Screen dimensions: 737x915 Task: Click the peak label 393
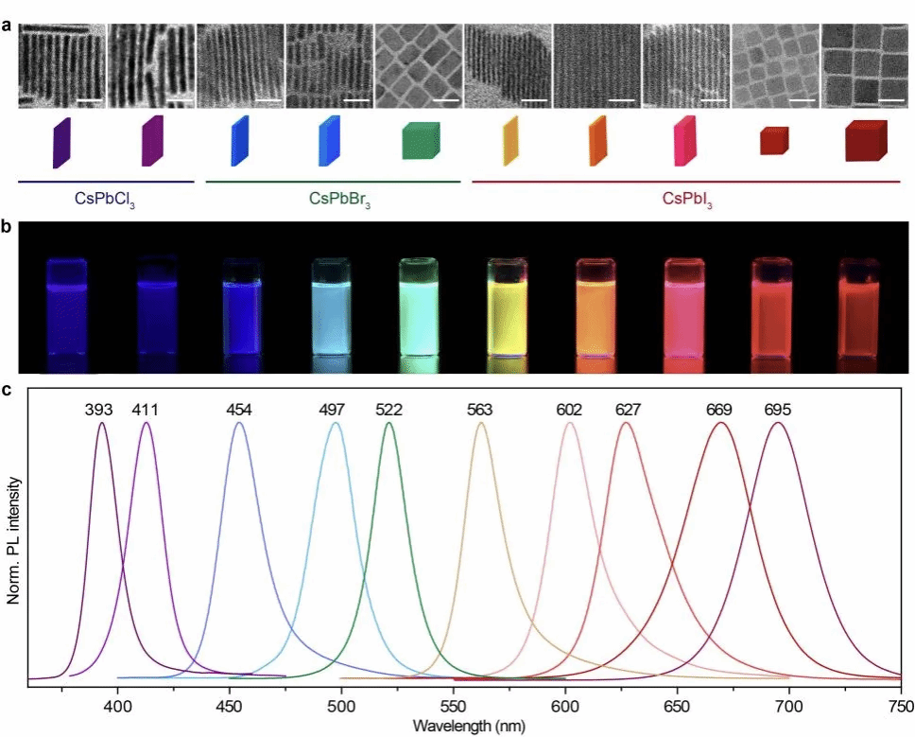point(98,410)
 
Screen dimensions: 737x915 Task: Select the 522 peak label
point(388,410)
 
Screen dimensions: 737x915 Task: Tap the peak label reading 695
point(778,410)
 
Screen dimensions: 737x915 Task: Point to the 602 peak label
point(569,410)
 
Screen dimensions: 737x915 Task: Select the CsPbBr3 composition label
point(333,200)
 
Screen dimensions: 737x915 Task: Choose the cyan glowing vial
point(332,307)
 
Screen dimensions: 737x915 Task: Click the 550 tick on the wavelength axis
point(453,705)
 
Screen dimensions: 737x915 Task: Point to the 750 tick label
point(900,705)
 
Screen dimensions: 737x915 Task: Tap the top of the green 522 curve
point(388,423)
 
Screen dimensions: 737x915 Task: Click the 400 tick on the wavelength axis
point(117,705)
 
